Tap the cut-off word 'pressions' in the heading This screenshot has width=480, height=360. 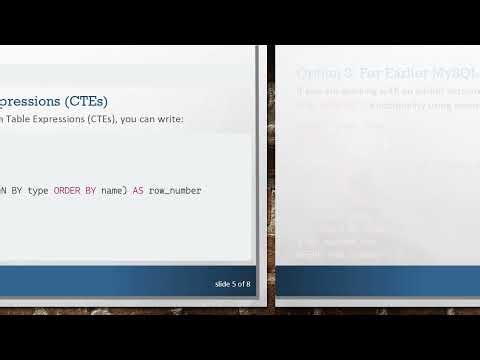point(28,101)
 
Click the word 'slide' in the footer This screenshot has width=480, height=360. point(223,284)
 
